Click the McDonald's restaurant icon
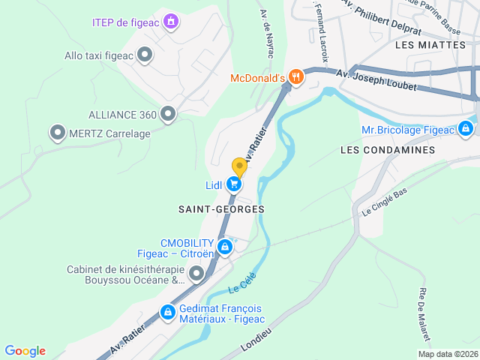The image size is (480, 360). pos(297,76)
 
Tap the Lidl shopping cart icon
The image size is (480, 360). pos(235,184)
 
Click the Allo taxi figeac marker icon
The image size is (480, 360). pos(145,54)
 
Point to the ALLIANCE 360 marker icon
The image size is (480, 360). pos(168,114)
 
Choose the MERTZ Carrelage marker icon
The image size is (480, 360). pos(57,133)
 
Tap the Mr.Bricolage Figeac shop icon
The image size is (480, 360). pos(466,129)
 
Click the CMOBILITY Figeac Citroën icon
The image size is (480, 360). pos(223,247)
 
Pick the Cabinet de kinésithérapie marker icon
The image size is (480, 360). pos(196,274)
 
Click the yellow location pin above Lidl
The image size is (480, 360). pos(239,167)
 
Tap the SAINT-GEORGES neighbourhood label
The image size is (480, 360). pos(221,208)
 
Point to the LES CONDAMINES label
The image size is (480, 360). pos(387,150)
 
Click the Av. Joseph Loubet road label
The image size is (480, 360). pos(376,79)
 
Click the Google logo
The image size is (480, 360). pos(25,351)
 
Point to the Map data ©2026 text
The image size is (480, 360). pos(447,354)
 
